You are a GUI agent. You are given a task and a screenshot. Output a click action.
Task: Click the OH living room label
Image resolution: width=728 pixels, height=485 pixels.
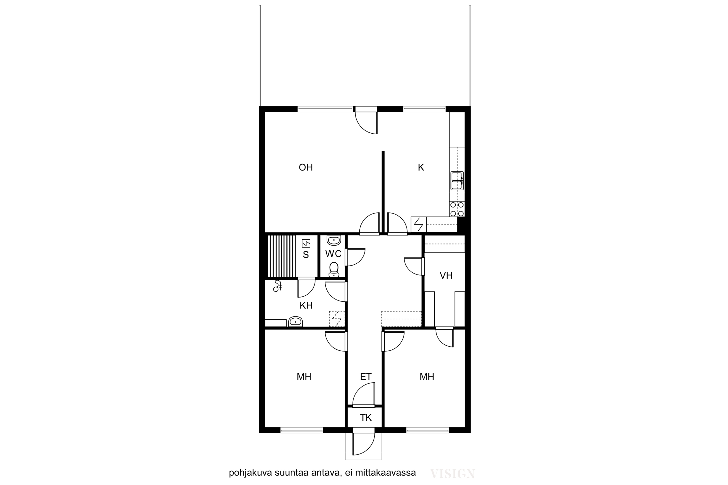click(x=306, y=167)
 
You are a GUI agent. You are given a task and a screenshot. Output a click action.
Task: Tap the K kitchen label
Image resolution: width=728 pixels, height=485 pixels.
click(x=421, y=167)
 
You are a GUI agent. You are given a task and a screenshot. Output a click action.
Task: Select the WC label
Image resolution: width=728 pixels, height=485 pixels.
click(x=333, y=254)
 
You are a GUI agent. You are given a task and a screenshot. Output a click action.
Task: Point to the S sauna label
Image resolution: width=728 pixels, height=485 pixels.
click(x=306, y=255)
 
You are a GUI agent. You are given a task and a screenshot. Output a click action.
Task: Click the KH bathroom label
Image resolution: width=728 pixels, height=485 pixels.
click(x=306, y=305)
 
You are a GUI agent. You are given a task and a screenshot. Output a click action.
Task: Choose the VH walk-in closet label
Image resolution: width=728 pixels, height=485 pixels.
click(x=446, y=275)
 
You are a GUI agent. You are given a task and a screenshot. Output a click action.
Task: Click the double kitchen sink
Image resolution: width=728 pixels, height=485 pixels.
click(x=457, y=181)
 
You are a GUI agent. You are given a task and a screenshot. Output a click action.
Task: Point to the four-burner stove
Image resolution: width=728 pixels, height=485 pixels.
click(x=457, y=209)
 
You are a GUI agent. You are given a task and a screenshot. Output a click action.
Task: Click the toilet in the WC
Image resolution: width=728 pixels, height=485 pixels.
click(x=334, y=269)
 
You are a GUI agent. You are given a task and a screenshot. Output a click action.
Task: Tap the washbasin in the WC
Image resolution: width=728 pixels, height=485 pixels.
click(x=334, y=240)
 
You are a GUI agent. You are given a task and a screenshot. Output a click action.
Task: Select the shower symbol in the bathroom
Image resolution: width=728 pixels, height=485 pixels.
click(x=277, y=286)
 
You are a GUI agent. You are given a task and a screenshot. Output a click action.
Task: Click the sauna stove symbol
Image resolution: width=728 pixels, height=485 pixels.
click(x=306, y=243)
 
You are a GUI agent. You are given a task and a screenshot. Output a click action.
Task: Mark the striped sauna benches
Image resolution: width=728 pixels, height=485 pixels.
click(x=281, y=256)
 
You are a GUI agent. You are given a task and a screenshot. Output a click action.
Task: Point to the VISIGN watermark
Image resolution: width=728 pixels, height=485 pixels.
click(x=452, y=474)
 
